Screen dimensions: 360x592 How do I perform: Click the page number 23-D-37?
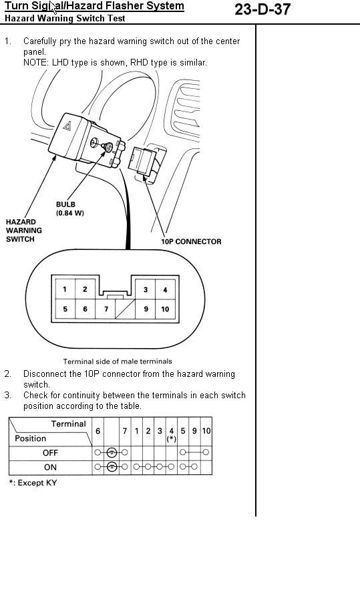262,9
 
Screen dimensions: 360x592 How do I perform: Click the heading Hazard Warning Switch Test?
65,18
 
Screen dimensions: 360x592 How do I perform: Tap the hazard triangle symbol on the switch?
67,126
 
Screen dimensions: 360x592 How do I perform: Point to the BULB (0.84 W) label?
70,208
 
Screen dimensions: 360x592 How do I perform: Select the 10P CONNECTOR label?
191,242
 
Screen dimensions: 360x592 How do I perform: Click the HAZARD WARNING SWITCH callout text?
24,231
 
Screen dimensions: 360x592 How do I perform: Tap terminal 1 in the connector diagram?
65,289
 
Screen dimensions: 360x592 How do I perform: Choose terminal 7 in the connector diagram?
106,309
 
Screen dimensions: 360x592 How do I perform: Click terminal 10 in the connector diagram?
165,309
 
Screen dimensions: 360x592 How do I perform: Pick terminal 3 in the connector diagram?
146,289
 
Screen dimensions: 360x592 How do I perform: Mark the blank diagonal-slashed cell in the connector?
126,309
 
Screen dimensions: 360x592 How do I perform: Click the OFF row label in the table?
50,452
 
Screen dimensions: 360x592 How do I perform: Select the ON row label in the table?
50,467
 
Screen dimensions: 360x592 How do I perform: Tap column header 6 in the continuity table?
98,431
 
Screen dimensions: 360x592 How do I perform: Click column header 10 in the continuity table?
206,431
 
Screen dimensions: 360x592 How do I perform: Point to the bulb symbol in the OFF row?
112,452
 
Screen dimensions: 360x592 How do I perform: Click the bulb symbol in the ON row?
112,466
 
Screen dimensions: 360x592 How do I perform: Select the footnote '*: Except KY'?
33,483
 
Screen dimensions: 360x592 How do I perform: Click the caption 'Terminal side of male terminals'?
118,361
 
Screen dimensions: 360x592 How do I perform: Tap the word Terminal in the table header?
69,424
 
